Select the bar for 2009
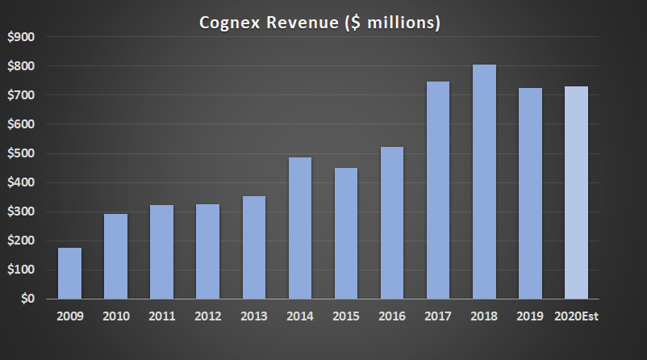69,273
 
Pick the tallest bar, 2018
484,182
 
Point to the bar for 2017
438,190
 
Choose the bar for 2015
345,233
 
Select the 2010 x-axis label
115,316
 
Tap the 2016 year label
392,316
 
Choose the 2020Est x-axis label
575,316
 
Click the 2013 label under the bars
253,316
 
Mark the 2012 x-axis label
207,316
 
